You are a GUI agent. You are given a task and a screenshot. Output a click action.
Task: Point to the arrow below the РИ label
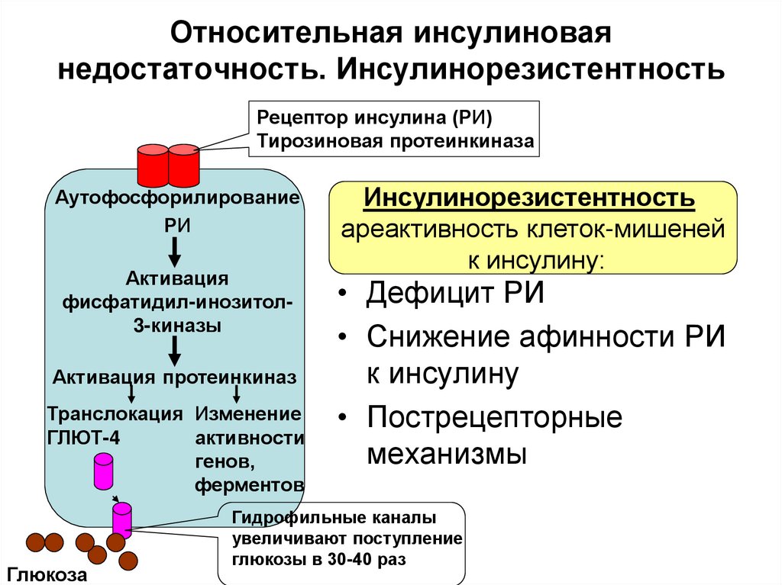175,249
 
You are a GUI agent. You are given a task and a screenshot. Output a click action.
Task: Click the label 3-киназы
175,325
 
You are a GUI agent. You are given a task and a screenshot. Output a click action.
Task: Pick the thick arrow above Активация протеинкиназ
175,352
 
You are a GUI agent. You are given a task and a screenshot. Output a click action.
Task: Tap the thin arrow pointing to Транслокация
132,394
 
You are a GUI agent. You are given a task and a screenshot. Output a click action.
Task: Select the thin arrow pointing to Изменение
238,394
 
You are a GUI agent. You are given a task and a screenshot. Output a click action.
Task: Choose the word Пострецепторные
495,417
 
